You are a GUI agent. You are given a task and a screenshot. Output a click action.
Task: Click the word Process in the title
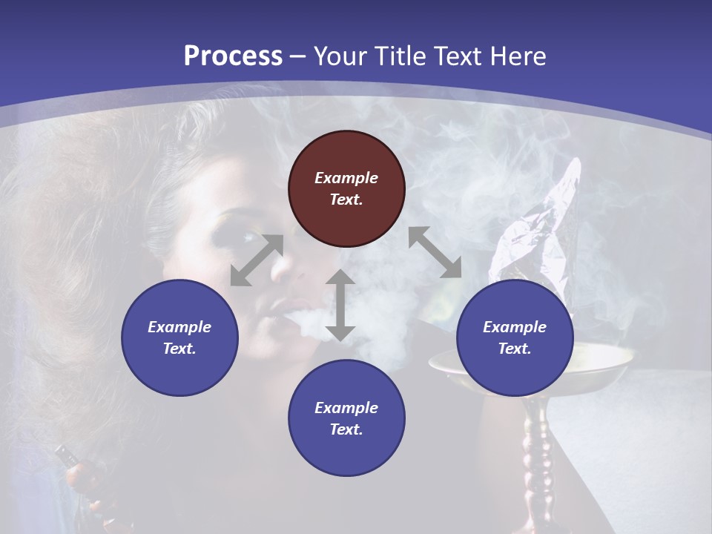[x=233, y=56]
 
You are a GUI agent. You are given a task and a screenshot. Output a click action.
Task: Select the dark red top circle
[x=346, y=188]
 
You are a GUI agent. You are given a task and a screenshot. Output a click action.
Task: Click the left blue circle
[x=179, y=337]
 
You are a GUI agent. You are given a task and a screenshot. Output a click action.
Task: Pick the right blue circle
[x=515, y=337]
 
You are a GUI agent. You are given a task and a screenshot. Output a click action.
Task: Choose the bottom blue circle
[x=346, y=418]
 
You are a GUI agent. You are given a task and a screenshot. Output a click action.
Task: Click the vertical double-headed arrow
[x=340, y=305]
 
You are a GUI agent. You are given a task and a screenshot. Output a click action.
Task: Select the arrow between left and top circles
[x=257, y=260]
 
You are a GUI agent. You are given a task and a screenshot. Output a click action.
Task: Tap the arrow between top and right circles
[x=435, y=252]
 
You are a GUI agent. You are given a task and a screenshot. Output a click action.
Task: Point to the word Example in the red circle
[x=346, y=178]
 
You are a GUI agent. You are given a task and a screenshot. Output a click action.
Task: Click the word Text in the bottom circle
[x=346, y=429]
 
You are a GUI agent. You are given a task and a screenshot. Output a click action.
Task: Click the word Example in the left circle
[x=179, y=327]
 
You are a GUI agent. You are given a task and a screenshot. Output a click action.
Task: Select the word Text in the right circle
[x=515, y=349]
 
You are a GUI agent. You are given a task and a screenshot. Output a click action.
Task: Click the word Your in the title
[x=341, y=56]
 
